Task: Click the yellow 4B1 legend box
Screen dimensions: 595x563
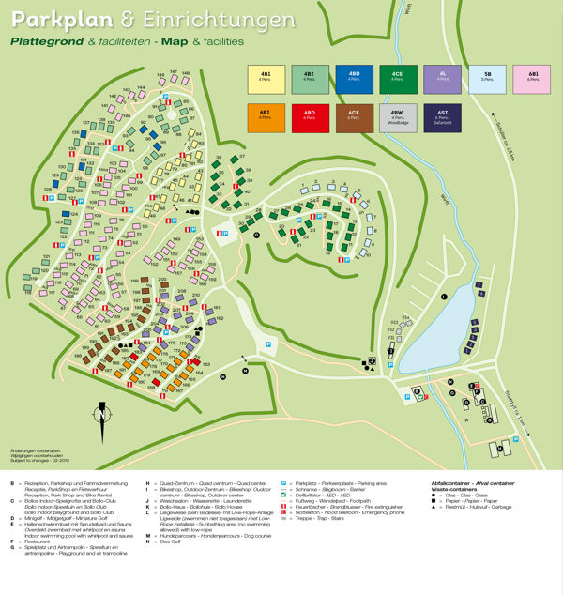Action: (x=266, y=80)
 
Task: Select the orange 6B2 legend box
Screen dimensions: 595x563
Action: (x=266, y=115)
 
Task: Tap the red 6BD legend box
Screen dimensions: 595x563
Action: (x=310, y=115)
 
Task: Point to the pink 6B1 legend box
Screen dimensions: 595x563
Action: (x=531, y=80)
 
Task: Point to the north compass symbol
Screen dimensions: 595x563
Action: (x=102, y=414)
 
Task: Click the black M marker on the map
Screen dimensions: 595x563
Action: (x=245, y=371)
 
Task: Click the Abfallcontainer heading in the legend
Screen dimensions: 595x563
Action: (x=454, y=482)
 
